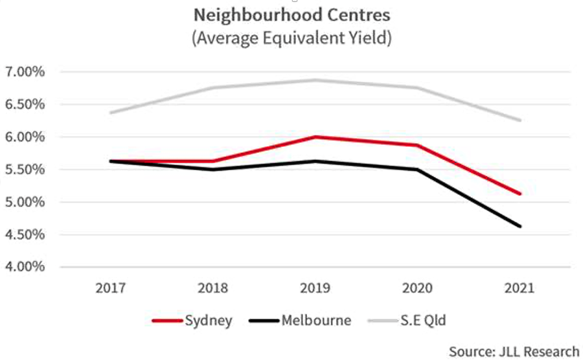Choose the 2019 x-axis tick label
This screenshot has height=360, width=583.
coord(315,287)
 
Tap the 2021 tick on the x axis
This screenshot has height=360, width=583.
coord(520,287)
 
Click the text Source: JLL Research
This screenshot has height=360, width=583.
coord(514,351)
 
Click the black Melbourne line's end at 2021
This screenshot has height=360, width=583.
coord(520,226)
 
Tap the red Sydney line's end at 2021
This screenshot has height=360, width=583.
coord(520,194)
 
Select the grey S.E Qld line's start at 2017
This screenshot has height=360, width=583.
coord(111,113)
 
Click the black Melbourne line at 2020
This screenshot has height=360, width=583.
coord(417,170)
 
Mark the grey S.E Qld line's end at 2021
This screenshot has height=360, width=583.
coord(520,120)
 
